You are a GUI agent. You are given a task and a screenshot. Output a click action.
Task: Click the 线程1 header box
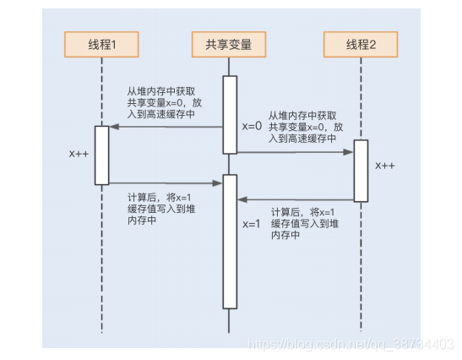pyautogui.click(x=101, y=43)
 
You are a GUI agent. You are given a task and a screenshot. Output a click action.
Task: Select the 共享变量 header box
pyautogui.click(x=229, y=43)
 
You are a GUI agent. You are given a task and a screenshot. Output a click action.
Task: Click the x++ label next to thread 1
pyautogui.click(x=81, y=155)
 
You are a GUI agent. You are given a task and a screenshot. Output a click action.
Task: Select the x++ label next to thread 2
pyautogui.click(x=385, y=165)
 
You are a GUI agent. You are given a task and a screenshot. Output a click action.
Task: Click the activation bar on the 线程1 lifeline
pyautogui.click(x=101, y=155)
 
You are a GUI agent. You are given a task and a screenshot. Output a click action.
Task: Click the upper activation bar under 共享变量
pyautogui.click(x=229, y=115)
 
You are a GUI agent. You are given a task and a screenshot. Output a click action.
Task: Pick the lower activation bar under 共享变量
pyautogui.click(x=229, y=242)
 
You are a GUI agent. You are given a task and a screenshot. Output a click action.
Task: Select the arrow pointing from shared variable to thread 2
pyautogui.click(x=294, y=153)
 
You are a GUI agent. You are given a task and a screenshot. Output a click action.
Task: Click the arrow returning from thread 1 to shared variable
pyautogui.click(x=166, y=183)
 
